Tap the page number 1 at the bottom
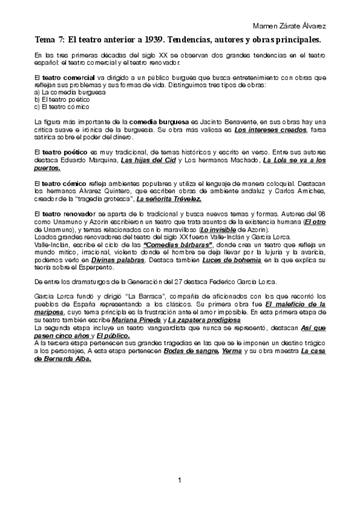click(180, 480)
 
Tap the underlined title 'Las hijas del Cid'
click(148, 161)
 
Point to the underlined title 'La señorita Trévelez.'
click(169, 198)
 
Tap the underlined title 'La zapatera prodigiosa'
click(200, 321)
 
